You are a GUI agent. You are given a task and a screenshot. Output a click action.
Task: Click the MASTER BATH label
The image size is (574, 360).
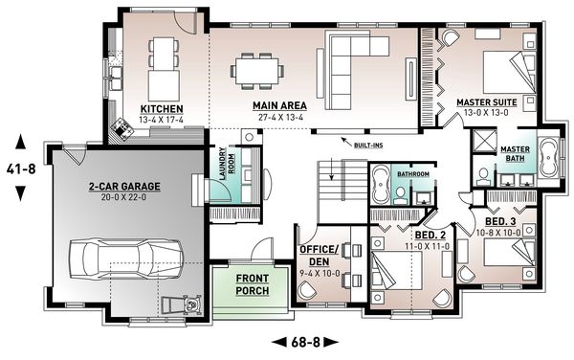[x=516, y=153]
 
